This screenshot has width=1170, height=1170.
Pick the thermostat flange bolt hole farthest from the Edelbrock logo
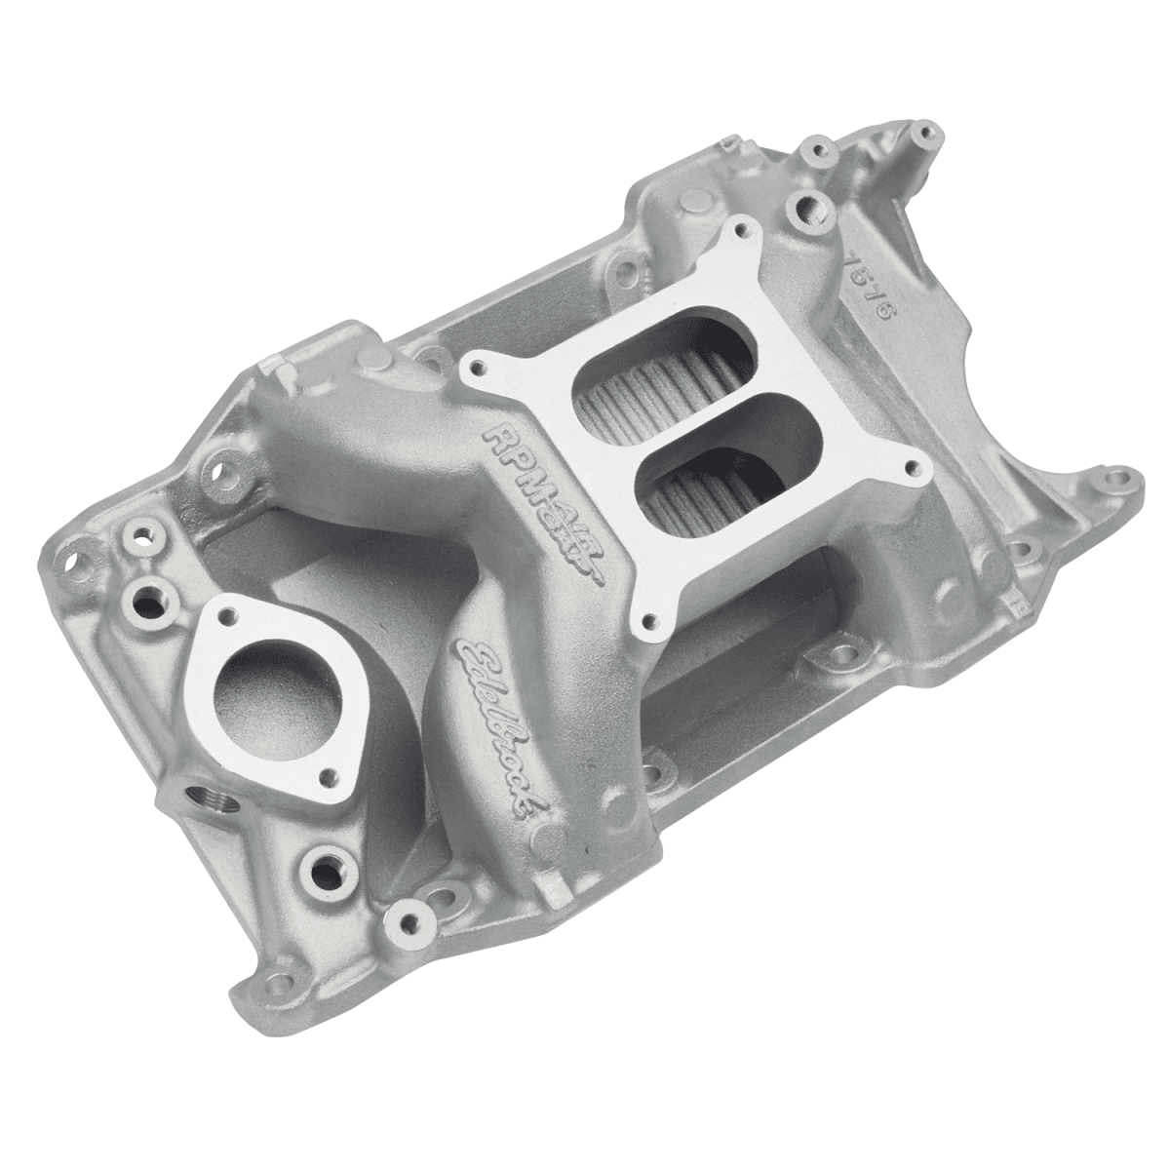click(227, 615)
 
